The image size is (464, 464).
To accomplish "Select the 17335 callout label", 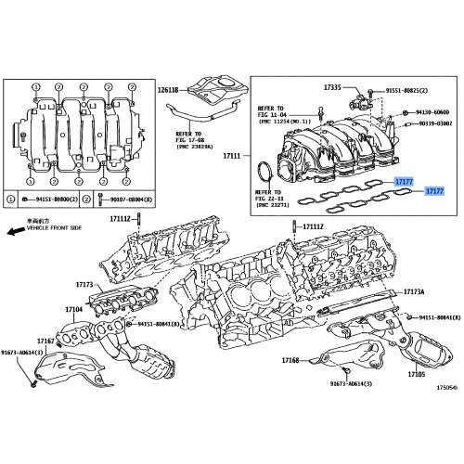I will coord(333,87).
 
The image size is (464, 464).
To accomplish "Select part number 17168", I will coord(290,361).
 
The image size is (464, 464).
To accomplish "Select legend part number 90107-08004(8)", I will coord(123,200).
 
